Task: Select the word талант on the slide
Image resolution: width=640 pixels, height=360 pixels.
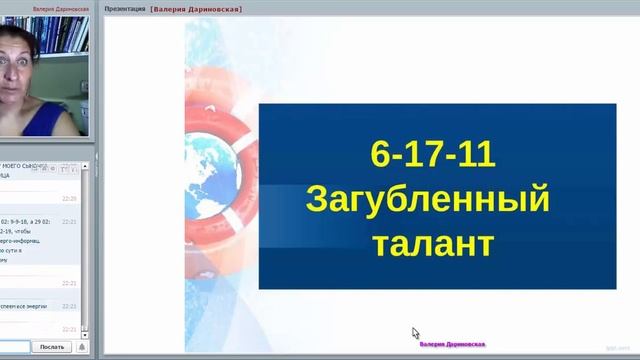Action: point(432,241)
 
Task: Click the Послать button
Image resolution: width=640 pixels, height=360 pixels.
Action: point(50,347)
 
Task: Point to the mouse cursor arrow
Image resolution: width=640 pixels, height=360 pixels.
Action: point(415,333)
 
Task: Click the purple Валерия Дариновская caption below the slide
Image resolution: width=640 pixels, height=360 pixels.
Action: point(452,344)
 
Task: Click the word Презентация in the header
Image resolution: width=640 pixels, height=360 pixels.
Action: point(125,9)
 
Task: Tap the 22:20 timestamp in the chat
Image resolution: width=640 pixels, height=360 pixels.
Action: point(69,198)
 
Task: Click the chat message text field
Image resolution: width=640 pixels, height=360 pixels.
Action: point(16,347)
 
